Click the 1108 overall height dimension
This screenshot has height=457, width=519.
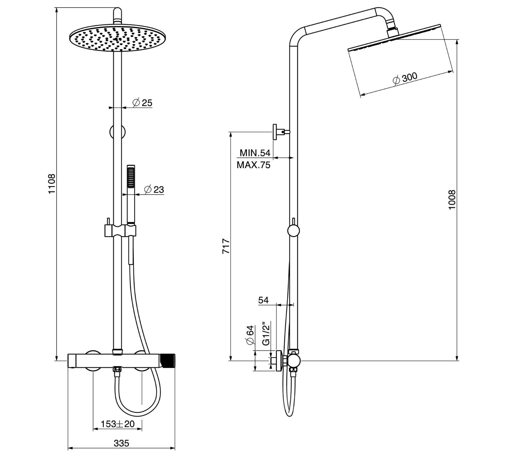(52, 184)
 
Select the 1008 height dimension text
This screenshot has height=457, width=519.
(452, 200)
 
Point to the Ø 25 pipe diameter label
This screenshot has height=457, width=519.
(142, 103)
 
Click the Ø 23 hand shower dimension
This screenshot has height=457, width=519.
(154, 190)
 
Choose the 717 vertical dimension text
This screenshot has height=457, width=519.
(226, 246)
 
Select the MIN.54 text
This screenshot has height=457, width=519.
(255, 153)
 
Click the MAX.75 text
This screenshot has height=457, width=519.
(254, 165)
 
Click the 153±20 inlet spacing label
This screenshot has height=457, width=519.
(117, 424)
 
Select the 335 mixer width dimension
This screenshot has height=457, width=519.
(121, 443)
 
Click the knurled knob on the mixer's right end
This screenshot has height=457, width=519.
(169, 361)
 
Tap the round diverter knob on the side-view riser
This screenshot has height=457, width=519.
(293, 231)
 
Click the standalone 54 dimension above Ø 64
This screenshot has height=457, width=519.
(263, 300)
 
